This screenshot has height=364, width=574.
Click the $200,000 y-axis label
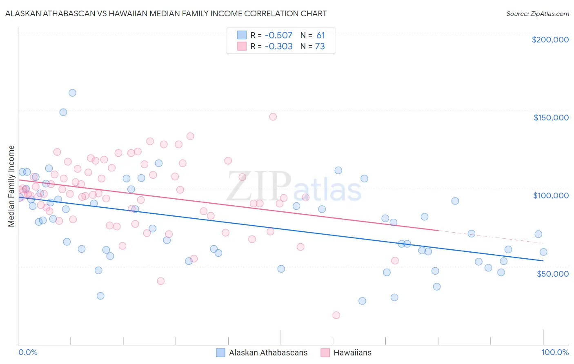(550, 40)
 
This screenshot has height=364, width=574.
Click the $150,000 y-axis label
(551, 118)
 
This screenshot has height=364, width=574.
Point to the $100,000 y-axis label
(551, 195)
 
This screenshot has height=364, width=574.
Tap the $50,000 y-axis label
(552, 273)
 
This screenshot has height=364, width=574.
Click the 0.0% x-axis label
(28, 352)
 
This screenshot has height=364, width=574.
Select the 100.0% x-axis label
(555, 352)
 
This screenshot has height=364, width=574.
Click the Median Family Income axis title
(11, 186)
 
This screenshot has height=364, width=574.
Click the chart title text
(166, 13)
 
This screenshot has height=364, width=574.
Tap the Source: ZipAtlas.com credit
(537, 13)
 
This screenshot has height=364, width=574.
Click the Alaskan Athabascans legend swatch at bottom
(221, 353)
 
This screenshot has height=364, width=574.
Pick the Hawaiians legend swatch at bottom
(325, 353)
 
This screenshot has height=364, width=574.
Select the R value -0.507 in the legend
(278, 35)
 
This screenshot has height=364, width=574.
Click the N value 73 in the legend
(320, 46)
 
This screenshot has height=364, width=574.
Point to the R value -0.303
(278, 46)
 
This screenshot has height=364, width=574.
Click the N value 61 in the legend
(320, 35)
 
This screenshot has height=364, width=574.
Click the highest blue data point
(72, 93)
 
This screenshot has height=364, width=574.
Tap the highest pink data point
(273, 117)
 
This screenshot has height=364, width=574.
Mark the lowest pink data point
(336, 315)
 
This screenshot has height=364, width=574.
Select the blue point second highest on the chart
(63, 112)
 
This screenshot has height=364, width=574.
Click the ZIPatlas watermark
(294, 187)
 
